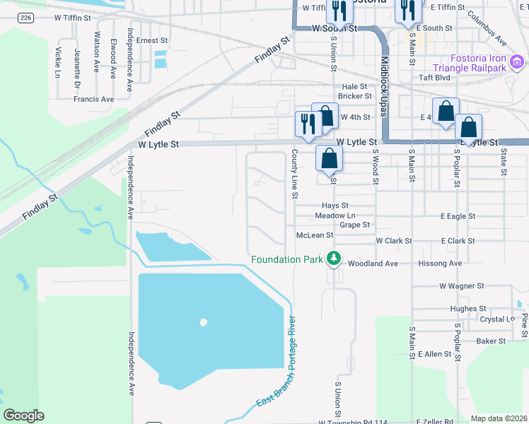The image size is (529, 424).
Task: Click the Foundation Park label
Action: [x=286, y=260]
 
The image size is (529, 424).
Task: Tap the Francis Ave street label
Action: [x=93, y=100]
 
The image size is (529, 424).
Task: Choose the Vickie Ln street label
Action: [x=57, y=61]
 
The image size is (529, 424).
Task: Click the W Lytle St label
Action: [x=158, y=144]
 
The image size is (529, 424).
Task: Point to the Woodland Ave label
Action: [x=373, y=264]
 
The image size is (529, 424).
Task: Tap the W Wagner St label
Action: [x=461, y=286]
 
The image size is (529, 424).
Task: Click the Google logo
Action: [x=23, y=416]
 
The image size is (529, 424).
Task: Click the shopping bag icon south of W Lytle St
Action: [x=329, y=158]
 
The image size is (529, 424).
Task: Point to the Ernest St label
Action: [x=150, y=41]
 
